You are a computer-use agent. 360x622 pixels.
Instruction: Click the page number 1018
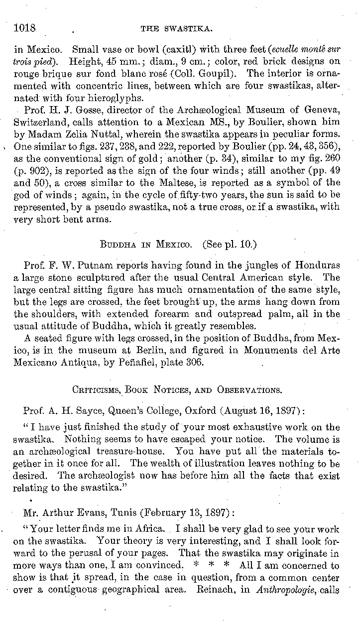click(25, 28)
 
